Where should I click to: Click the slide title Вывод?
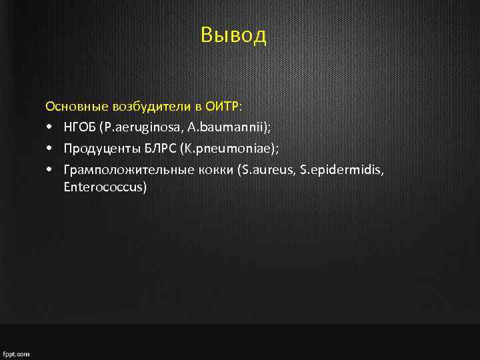[x=233, y=35]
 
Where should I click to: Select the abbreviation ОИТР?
[x=223, y=107]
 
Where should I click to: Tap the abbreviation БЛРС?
[x=153, y=148]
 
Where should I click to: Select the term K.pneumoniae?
[x=225, y=148]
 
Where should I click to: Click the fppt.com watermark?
[x=17, y=354]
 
